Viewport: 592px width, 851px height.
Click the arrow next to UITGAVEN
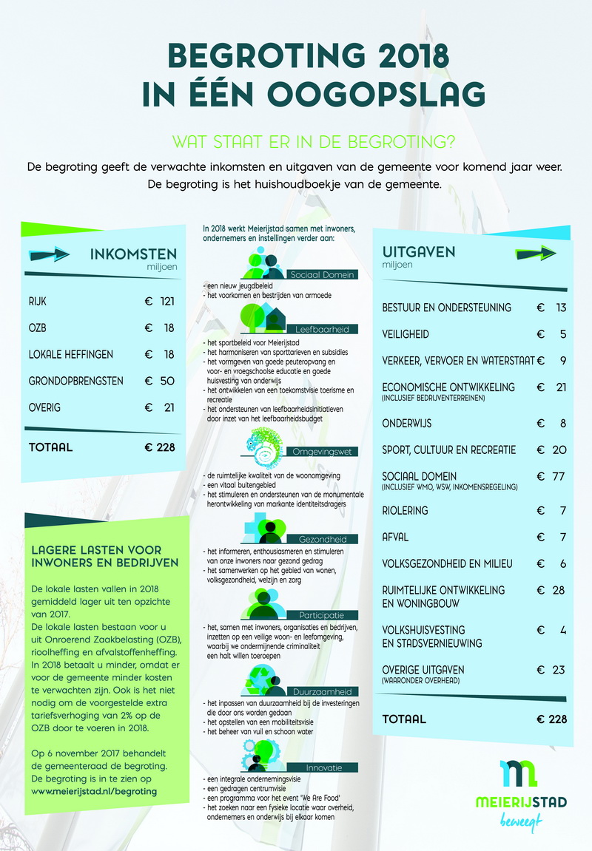coord(535,253)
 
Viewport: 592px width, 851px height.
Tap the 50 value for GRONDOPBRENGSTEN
coord(166,381)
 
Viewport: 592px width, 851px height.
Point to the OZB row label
coord(38,328)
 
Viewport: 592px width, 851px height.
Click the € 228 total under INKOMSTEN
coord(159,447)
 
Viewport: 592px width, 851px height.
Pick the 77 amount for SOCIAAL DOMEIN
coord(557,475)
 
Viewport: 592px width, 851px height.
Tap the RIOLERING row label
coord(405,511)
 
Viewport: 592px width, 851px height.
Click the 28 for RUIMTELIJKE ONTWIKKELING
coord(558,590)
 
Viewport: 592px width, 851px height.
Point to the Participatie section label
coord(322,615)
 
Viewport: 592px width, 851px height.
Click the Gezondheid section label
coord(323,539)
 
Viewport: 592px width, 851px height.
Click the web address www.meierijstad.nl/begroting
coord(94,791)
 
